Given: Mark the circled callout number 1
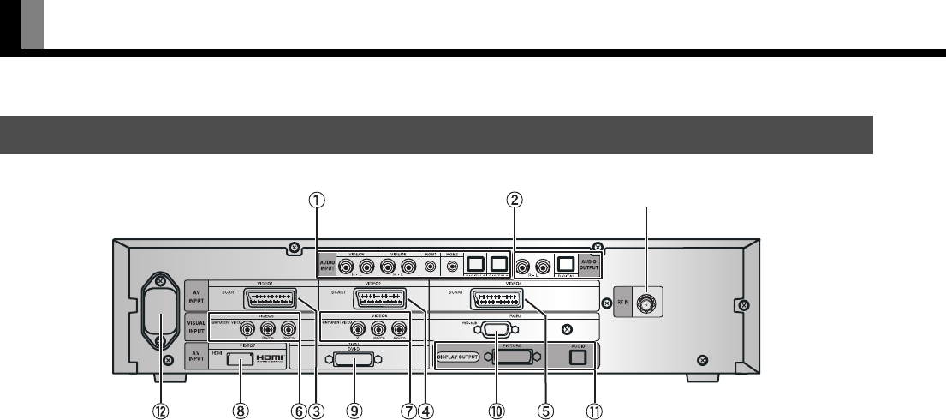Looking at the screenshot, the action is tap(317, 201).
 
